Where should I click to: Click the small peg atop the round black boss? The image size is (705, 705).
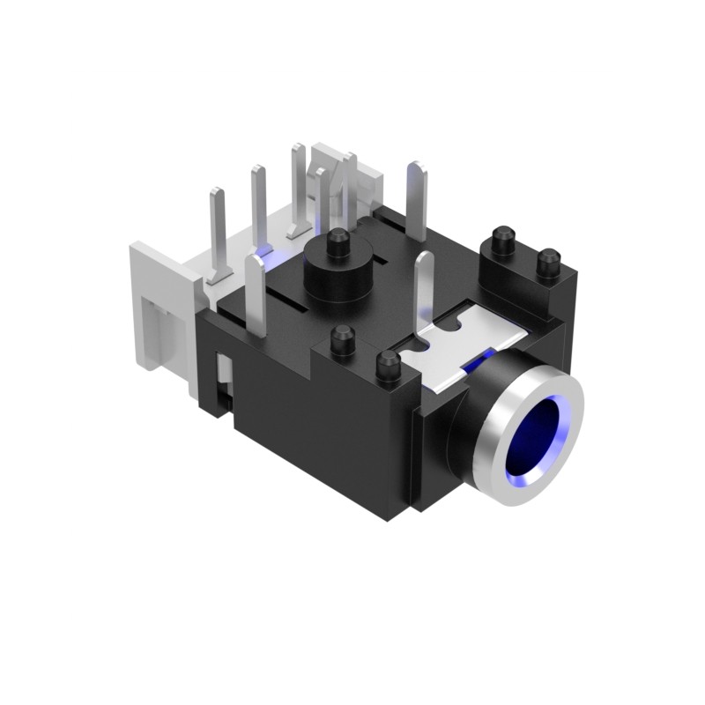click(337, 243)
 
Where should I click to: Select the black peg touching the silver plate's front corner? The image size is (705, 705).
click(386, 365)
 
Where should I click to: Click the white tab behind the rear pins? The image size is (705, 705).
click(348, 176)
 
